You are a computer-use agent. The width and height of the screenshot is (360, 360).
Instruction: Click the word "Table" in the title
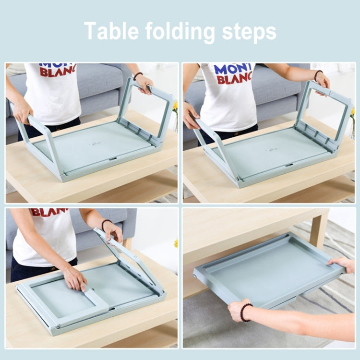[x=111, y=31]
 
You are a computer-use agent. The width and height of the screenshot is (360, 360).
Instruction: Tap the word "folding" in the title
[x=180, y=32]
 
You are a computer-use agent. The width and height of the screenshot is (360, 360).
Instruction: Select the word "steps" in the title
[x=249, y=32]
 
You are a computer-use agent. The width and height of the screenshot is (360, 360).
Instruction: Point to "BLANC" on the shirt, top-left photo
[x=58, y=72]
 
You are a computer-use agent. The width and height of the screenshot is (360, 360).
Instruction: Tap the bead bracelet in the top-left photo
[x=138, y=75]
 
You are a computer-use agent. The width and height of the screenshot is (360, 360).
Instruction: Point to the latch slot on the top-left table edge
[x=113, y=159]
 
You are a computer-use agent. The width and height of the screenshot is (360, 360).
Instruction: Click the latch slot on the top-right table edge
[x=289, y=165]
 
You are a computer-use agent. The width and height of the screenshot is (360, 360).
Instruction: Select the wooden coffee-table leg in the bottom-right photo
[x=317, y=230]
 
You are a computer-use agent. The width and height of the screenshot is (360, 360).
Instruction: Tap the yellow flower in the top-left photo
[x=175, y=106]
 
